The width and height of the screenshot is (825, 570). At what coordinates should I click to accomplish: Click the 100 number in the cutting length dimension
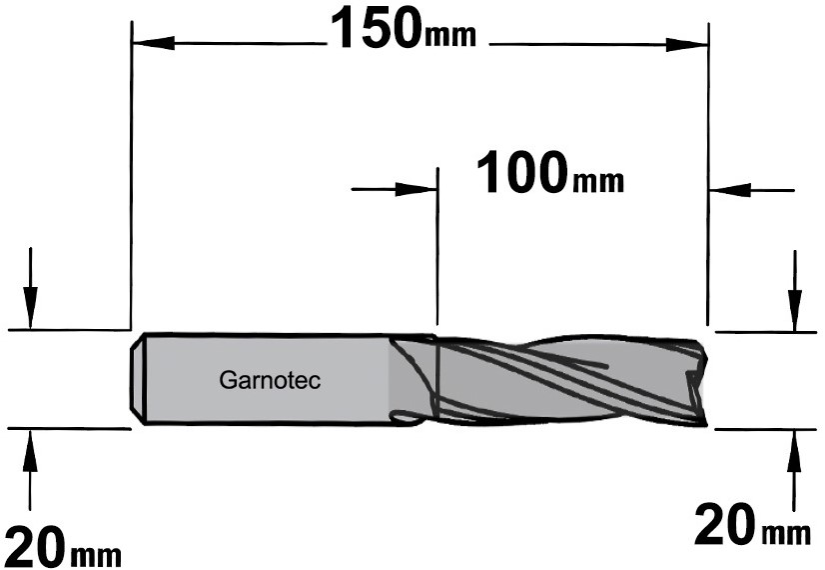(522, 172)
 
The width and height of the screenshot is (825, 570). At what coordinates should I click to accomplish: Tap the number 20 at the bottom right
(724, 524)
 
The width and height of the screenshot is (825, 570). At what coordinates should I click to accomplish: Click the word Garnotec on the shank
(270, 380)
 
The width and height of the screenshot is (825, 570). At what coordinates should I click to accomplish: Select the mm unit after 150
(449, 36)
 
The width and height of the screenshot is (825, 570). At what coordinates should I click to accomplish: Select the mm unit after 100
(597, 181)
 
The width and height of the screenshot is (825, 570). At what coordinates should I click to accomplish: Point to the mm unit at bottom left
(95, 555)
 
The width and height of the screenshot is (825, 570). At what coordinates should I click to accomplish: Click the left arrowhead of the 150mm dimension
(154, 43)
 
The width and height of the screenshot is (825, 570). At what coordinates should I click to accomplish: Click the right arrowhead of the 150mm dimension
(686, 45)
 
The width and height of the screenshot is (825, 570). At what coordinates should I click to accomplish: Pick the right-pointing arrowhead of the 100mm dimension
(415, 189)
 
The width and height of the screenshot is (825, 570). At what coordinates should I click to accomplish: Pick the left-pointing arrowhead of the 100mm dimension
(730, 190)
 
